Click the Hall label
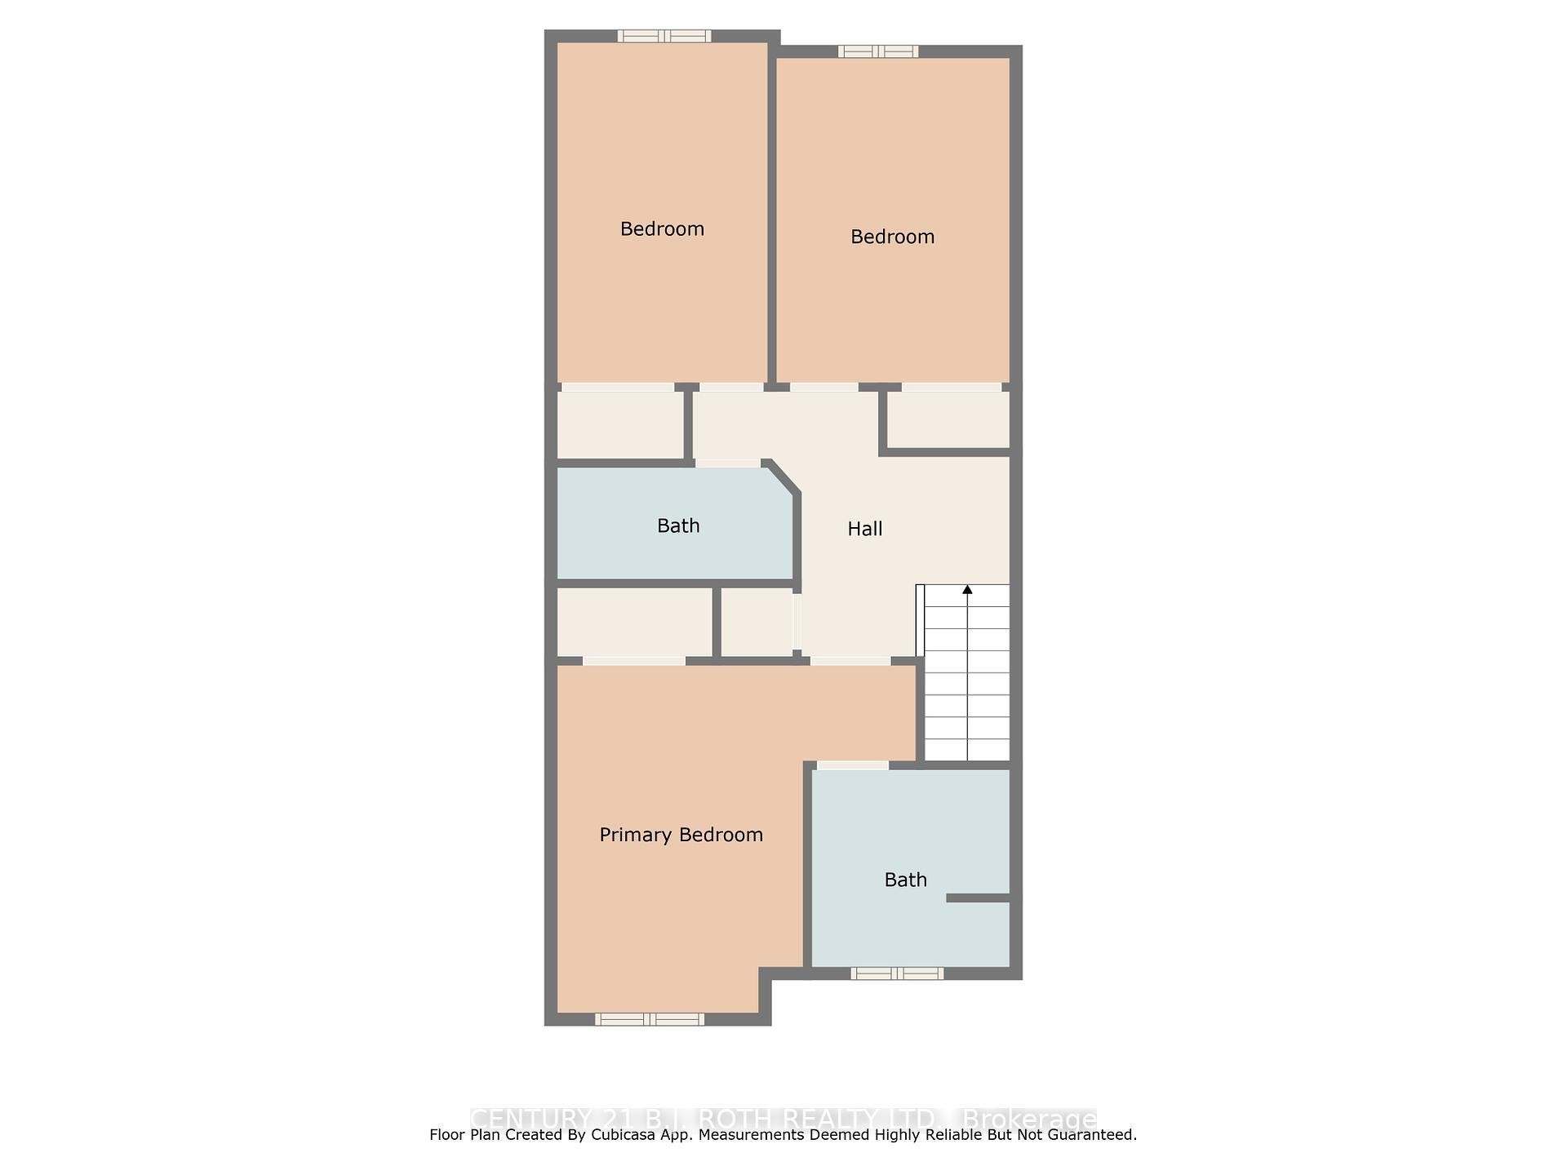pyautogui.click(x=864, y=529)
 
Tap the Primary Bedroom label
pyautogui.click(x=681, y=835)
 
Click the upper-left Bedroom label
pyautogui.click(x=662, y=228)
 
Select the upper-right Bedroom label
pyautogui.click(x=892, y=237)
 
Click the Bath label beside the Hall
pyautogui.click(x=678, y=525)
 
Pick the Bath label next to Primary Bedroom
pyautogui.click(x=905, y=880)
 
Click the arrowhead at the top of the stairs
pyautogui.click(x=967, y=589)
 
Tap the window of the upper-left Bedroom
pyautogui.click(x=664, y=36)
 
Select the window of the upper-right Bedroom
pyautogui.click(x=878, y=52)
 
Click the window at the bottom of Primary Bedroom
pyautogui.click(x=649, y=1019)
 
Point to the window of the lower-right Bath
pyautogui.click(x=897, y=973)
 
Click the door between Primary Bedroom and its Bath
pyautogui.click(x=852, y=765)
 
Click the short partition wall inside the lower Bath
pyautogui.click(x=978, y=898)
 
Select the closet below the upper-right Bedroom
pyautogui.click(x=948, y=419)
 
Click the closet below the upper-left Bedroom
pyautogui.click(x=620, y=424)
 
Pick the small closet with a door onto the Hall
pyautogui.click(x=757, y=622)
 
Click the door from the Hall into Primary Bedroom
pyautogui.click(x=850, y=660)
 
